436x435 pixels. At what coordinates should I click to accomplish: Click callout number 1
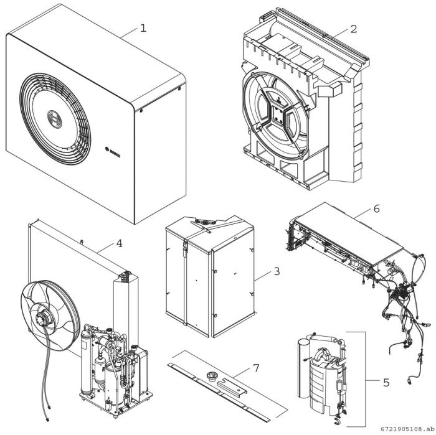click(144, 28)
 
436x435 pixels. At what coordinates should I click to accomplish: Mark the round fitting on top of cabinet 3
click(202, 222)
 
